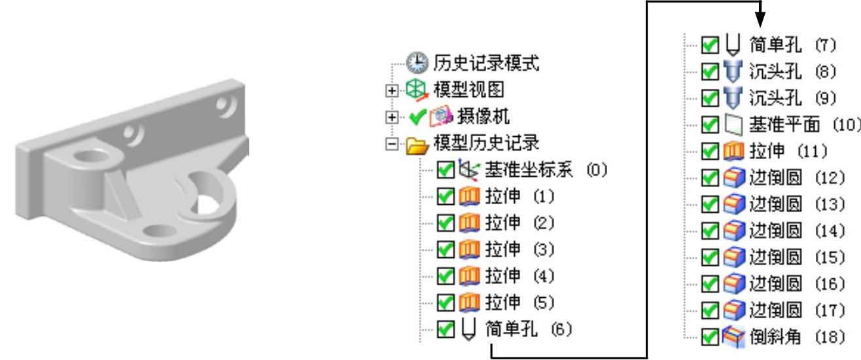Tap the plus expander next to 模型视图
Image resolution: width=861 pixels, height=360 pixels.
pyautogui.click(x=391, y=91)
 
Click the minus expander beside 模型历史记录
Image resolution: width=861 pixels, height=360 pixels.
pyautogui.click(x=391, y=143)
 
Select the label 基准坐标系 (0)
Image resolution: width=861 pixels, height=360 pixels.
pyautogui.click(x=546, y=170)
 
